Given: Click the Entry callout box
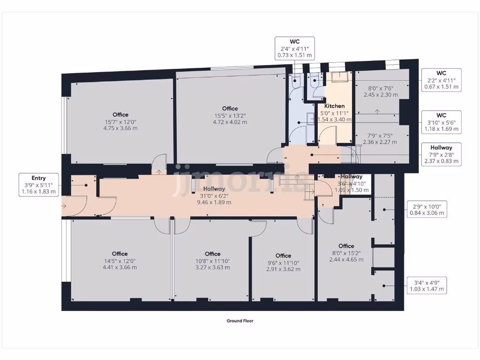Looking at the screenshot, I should click(x=39, y=185).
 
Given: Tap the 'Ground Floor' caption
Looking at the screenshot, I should click(x=240, y=321).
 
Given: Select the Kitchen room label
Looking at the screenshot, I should click(x=335, y=106).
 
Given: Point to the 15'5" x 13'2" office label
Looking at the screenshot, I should click(x=230, y=115).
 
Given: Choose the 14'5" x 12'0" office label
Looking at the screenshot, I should click(x=120, y=261).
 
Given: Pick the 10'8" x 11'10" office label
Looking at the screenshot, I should click(x=213, y=261).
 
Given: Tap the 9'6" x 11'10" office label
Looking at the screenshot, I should click(x=283, y=262).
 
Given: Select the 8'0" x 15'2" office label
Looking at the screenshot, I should click(x=346, y=253).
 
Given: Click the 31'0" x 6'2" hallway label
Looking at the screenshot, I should click(x=216, y=196).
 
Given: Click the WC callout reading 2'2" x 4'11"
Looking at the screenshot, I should click(x=441, y=80).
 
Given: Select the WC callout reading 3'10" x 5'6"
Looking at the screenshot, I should click(x=441, y=122).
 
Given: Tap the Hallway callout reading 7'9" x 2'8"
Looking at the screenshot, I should click(x=441, y=154).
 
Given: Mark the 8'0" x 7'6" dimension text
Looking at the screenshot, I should click(x=380, y=91).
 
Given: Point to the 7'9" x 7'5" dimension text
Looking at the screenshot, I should click(x=380, y=139).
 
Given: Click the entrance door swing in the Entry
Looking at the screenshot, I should click(x=74, y=206).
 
